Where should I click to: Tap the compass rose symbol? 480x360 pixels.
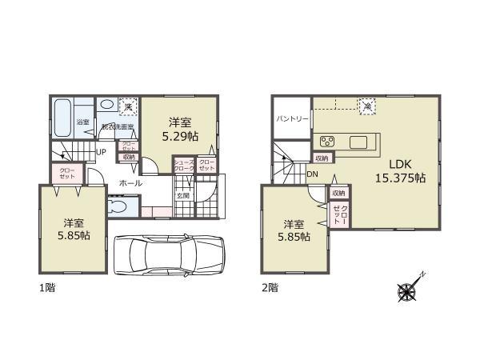pos(408,292)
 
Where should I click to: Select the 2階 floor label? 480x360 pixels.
pos(270,286)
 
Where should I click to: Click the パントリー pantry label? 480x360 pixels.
pos(293,118)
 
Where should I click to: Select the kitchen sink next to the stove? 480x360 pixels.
pos(358,142)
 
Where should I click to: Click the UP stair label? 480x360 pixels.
pos(102,152)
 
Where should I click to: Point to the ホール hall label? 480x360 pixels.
pos(130,183)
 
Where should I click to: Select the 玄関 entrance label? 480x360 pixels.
pos(182,195)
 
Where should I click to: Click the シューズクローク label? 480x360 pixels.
pos(183,166)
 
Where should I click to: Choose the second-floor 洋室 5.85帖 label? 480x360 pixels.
pos(293,230)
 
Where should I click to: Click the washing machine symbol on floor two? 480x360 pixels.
pos(367,104)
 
